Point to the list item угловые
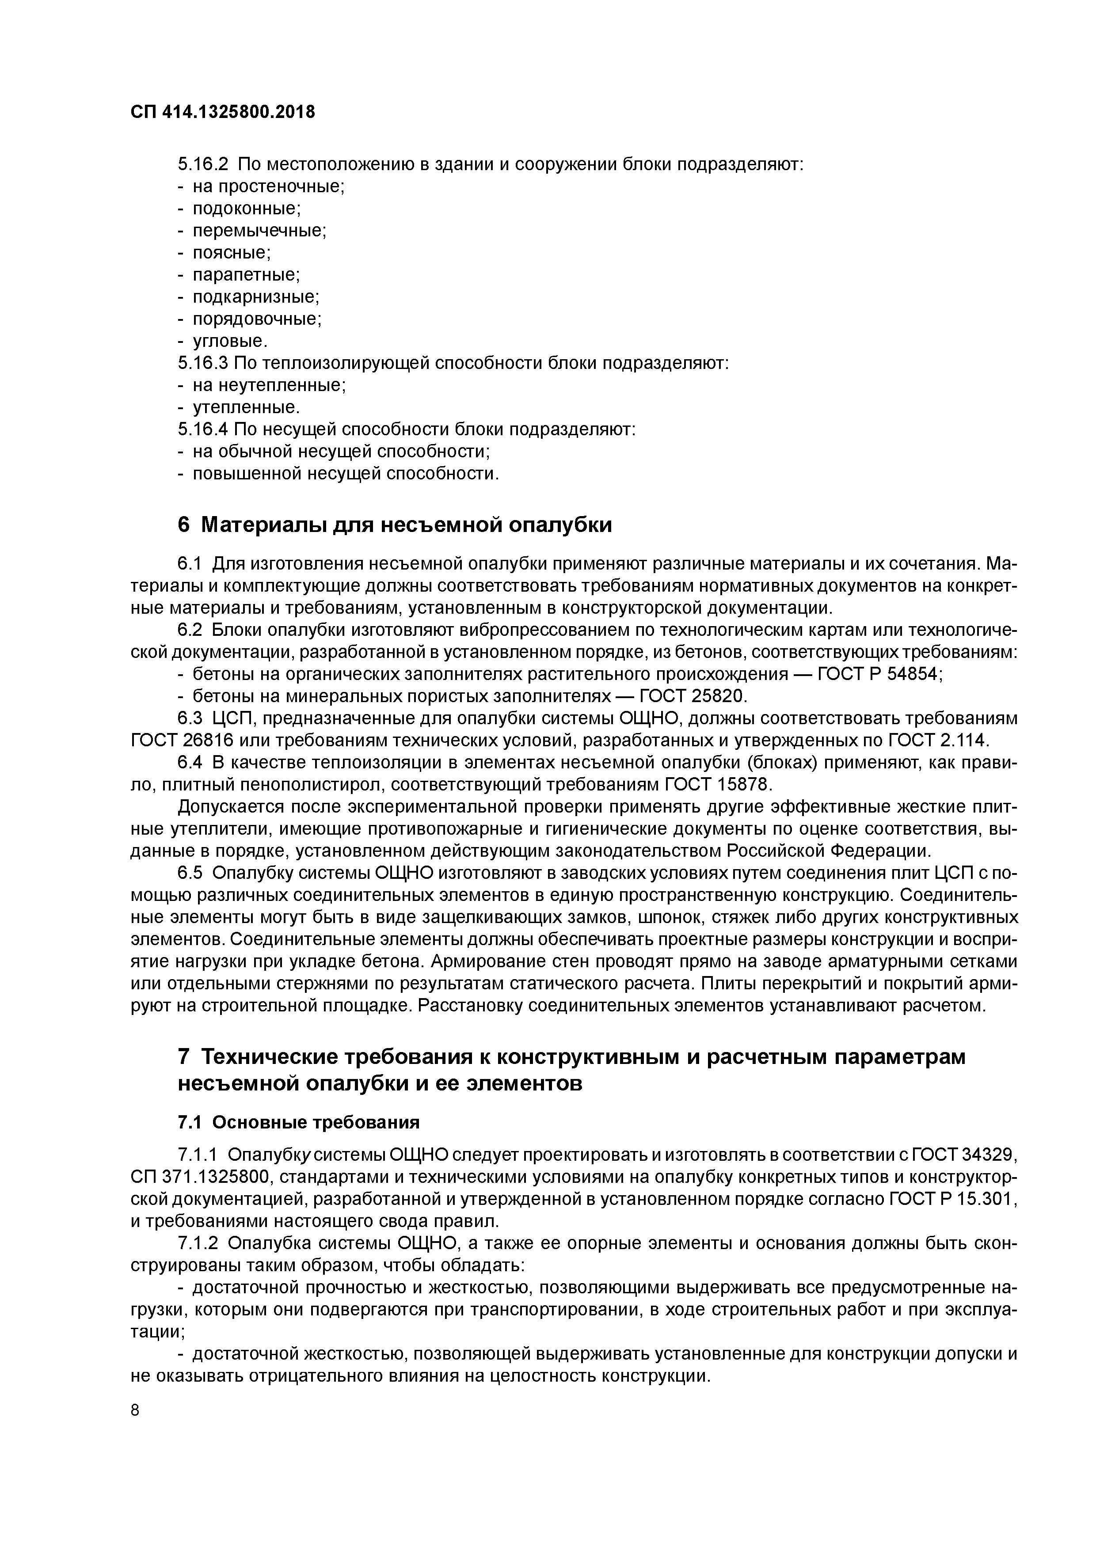click(230, 342)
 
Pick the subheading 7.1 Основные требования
click(298, 1122)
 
